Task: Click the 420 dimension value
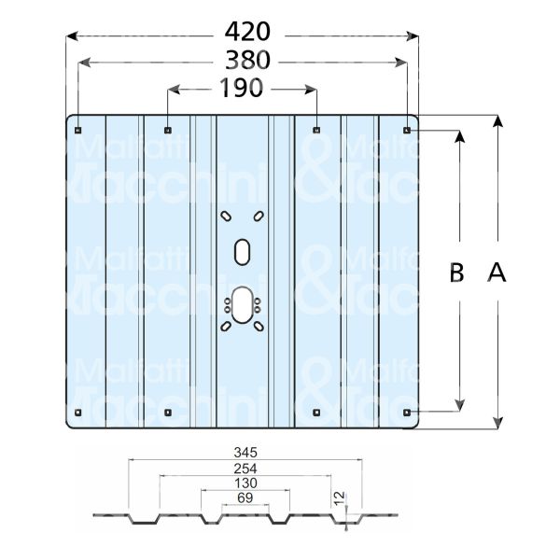(x=247, y=32)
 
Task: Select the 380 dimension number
(x=247, y=60)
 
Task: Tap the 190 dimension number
(x=241, y=88)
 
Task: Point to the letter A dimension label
(x=497, y=273)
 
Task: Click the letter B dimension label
(x=456, y=273)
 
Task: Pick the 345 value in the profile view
(x=245, y=453)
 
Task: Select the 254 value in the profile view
(x=245, y=469)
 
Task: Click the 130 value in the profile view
(x=245, y=483)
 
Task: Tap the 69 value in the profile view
(x=245, y=497)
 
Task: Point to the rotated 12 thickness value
(x=340, y=498)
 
